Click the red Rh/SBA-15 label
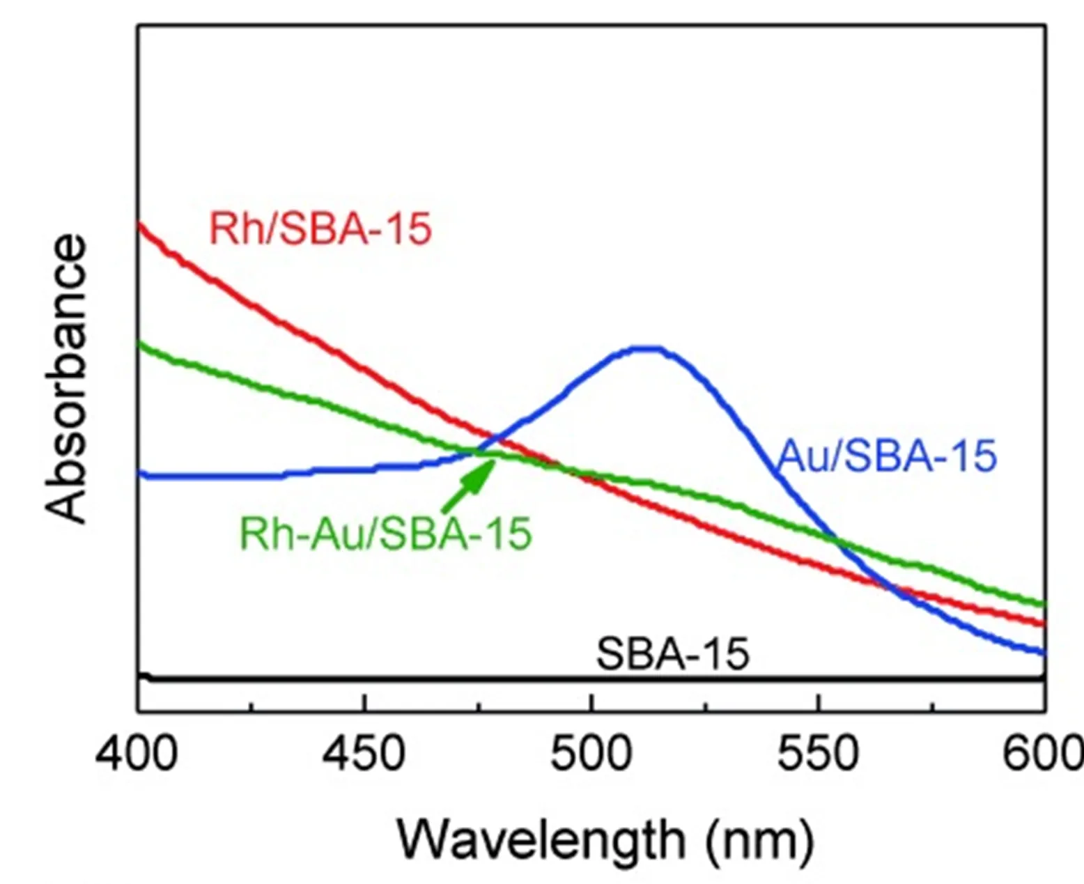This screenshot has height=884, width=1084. pyautogui.click(x=320, y=228)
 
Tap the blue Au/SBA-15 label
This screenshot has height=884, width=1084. pyautogui.click(x=886, y=456)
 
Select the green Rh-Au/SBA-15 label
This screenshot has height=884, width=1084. pyautogui.click(x=385, y=534)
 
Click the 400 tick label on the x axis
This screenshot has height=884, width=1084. pyautogui.click(x=137, y=754)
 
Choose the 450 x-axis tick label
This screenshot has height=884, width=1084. pyautogui.click(x=364, y=754)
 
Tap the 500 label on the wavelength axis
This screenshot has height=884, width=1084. pyautogui.click(x=591, y=754)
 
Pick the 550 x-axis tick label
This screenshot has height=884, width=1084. pyautogui.click(x=817, y=754)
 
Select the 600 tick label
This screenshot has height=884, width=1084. pyautogui.click(x=1041, y=754)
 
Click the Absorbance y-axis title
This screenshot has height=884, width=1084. pyautogui.click(x=65, y=379)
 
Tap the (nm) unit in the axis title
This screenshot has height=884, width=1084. pyautogui.click(x=759, y=839)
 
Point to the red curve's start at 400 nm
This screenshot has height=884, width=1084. pyautogui.click(x=140, y=224)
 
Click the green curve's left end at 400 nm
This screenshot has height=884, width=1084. pyautogui.click(x=140, y=343)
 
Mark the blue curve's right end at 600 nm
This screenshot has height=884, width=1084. pyautogui.click(x=1044, y=653)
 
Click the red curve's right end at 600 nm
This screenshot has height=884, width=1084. pyautogui.click(x=1044, y=623)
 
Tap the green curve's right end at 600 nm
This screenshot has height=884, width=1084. pyautogui.click(x=1044, y=603)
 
